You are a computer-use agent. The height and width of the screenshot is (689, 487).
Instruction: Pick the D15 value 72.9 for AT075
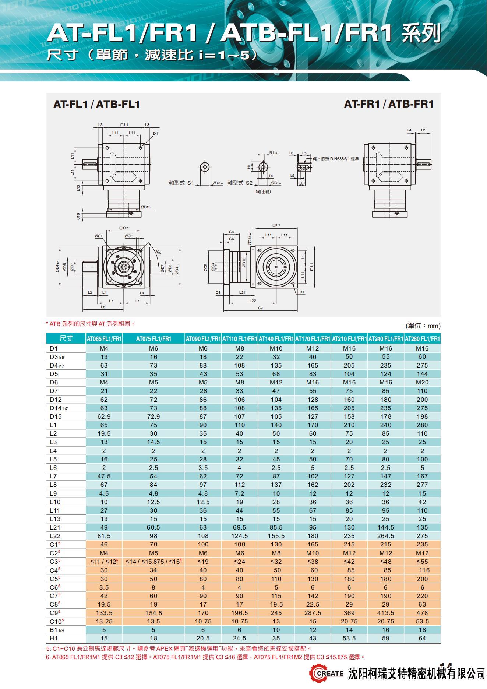153,416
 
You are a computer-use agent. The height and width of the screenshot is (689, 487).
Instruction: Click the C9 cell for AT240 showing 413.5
385,613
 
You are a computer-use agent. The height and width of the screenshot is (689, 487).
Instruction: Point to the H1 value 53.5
349,638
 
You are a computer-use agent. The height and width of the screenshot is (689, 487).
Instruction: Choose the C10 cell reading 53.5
422,621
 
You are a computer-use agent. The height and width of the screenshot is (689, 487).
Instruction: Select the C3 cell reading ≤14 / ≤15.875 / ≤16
153,562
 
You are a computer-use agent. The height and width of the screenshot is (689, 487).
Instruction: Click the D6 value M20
422,382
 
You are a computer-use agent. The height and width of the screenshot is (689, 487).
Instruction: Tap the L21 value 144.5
385,527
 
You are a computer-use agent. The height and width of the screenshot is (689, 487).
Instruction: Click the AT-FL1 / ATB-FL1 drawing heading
96,104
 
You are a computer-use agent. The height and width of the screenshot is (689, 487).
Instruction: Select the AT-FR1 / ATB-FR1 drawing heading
389,104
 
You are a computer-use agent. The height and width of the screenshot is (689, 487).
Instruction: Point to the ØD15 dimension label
146,207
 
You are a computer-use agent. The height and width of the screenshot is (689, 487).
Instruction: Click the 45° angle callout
158,252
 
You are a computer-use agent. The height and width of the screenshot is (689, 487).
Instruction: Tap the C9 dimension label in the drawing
260,308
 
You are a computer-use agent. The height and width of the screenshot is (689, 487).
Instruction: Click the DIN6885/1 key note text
335,159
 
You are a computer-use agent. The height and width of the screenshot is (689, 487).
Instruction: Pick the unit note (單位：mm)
423,326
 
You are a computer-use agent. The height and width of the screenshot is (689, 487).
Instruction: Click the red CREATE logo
323,673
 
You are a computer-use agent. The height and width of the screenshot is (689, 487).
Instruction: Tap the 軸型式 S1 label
181,183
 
